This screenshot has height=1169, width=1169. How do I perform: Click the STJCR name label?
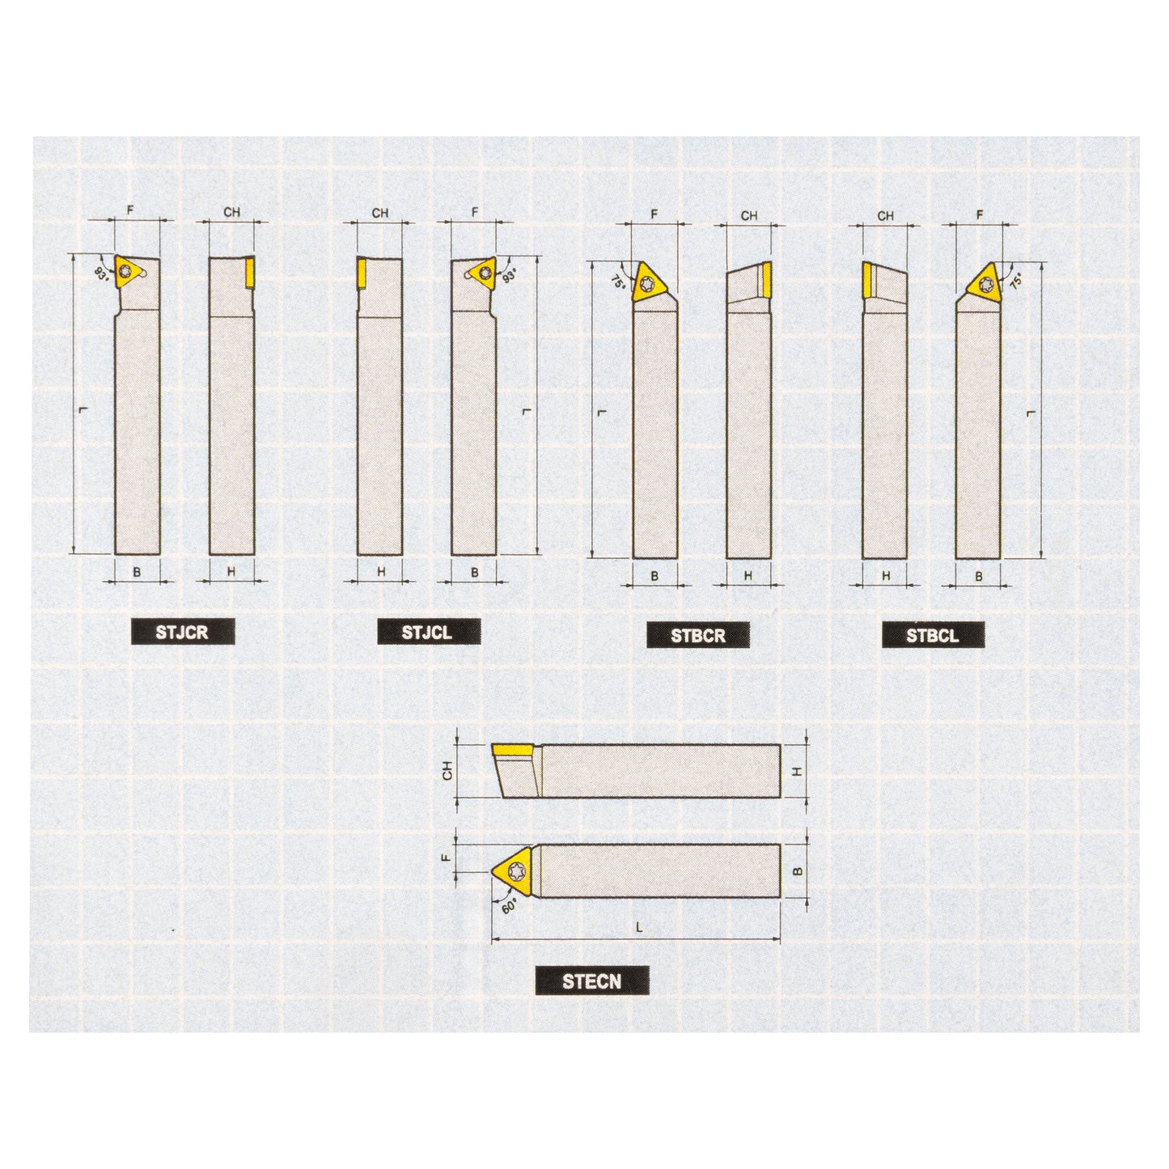[183, 632]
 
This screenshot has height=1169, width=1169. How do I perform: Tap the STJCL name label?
[428, 632]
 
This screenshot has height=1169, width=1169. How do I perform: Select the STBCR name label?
[697, 635]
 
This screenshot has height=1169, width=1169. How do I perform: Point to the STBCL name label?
[933, 635]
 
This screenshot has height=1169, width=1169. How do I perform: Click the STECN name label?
[592, 981]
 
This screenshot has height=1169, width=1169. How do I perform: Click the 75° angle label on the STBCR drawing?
[618, 282]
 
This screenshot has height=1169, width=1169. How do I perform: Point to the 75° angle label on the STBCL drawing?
[1016, 281]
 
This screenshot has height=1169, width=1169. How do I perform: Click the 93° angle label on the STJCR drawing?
[101, 273]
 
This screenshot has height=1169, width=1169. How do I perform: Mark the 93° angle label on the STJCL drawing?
[509, 274]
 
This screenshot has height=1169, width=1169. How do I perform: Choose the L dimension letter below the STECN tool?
[638, 928]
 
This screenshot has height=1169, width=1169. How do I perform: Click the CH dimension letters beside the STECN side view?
[447, 772]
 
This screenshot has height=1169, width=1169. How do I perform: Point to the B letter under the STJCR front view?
[137, 572]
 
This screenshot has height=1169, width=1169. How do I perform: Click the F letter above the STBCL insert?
[980, 215]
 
